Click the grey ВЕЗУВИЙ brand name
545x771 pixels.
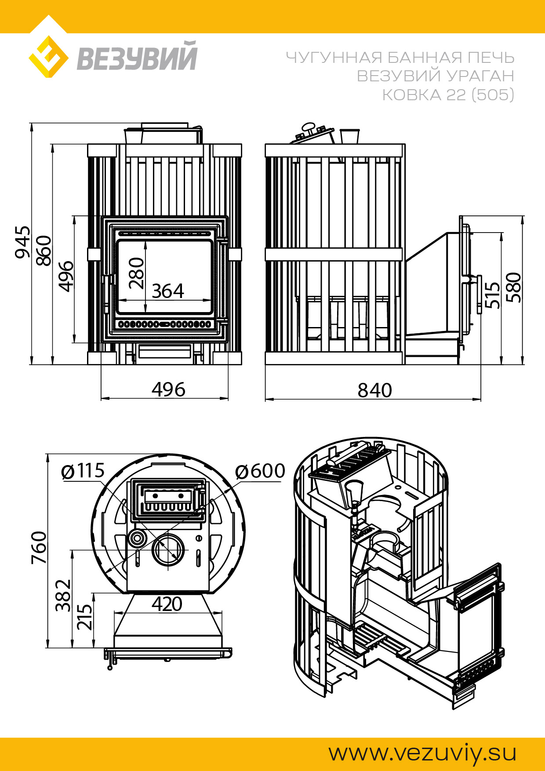[137, 56]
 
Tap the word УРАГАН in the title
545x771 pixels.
[480, 76]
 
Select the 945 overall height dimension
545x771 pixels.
[23, 242]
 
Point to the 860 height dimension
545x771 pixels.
[44, 251]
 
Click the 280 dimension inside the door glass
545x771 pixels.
[137, 273]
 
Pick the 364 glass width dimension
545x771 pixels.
[168, 291]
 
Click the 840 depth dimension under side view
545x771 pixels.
[374, 390]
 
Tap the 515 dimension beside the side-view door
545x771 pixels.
[492, 295]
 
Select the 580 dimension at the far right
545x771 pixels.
[513, 287]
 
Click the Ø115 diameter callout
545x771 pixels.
[83, 471]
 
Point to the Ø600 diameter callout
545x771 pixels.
[260, 471]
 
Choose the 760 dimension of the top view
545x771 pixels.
[39, 547]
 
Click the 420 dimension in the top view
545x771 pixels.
[167, 604]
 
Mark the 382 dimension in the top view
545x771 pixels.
[63, 595]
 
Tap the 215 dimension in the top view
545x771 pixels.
[85, 617]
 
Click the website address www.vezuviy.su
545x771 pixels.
[422, 753]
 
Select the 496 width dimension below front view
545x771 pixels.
[168, 389]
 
